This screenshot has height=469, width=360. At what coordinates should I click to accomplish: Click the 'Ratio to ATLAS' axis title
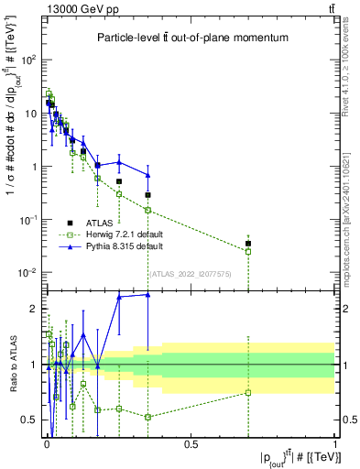click(12, 364)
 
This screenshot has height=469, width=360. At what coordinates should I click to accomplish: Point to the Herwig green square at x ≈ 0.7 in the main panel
click(248, 251)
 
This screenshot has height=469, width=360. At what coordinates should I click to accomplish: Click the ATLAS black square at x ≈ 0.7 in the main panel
click(248, 244)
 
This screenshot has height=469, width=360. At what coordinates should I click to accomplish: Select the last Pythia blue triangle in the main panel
click(147, 175)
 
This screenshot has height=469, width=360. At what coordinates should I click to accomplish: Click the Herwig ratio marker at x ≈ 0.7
click(248, 393)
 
